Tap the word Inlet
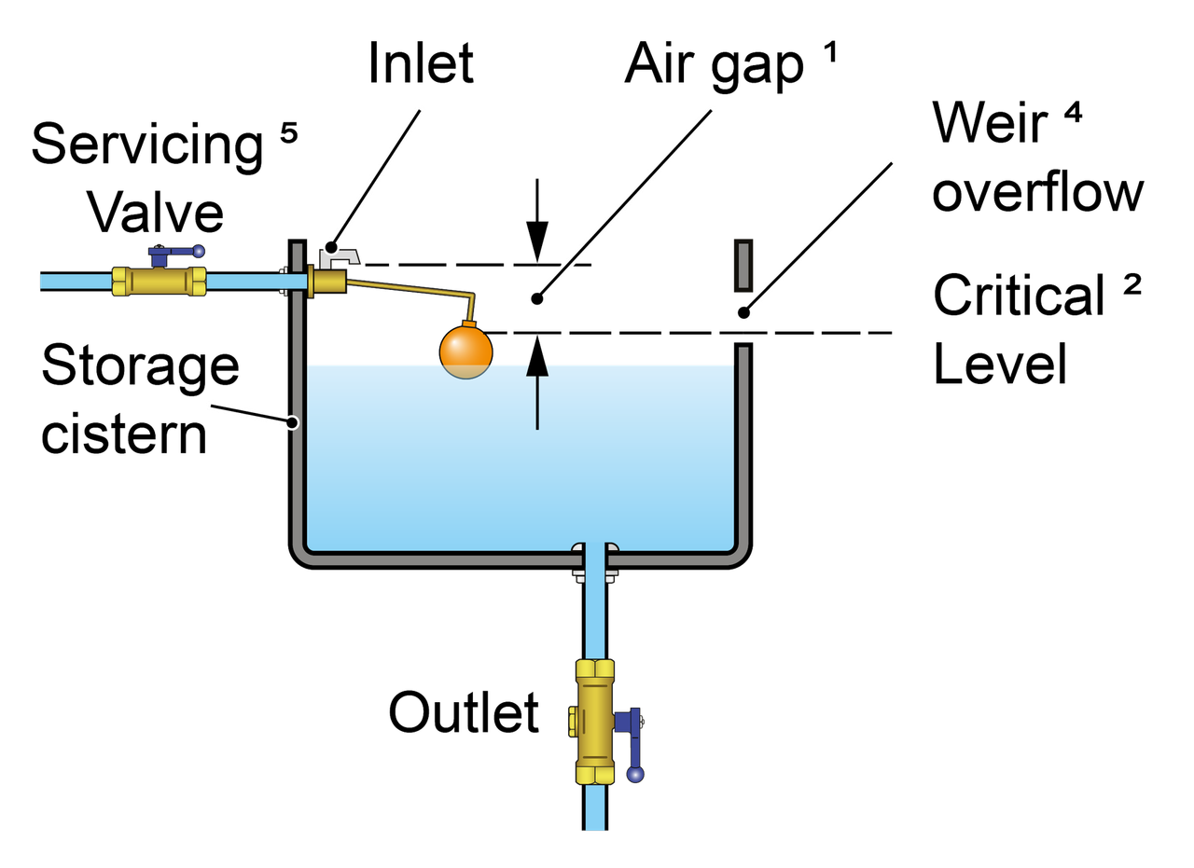click(422, 62)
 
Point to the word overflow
click(1037, 194)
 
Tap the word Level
click(998, 365)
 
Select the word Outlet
click(465, 713)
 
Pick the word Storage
click(140, 366)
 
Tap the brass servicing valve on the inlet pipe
click(160, 281)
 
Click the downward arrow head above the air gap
click(536, 247)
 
